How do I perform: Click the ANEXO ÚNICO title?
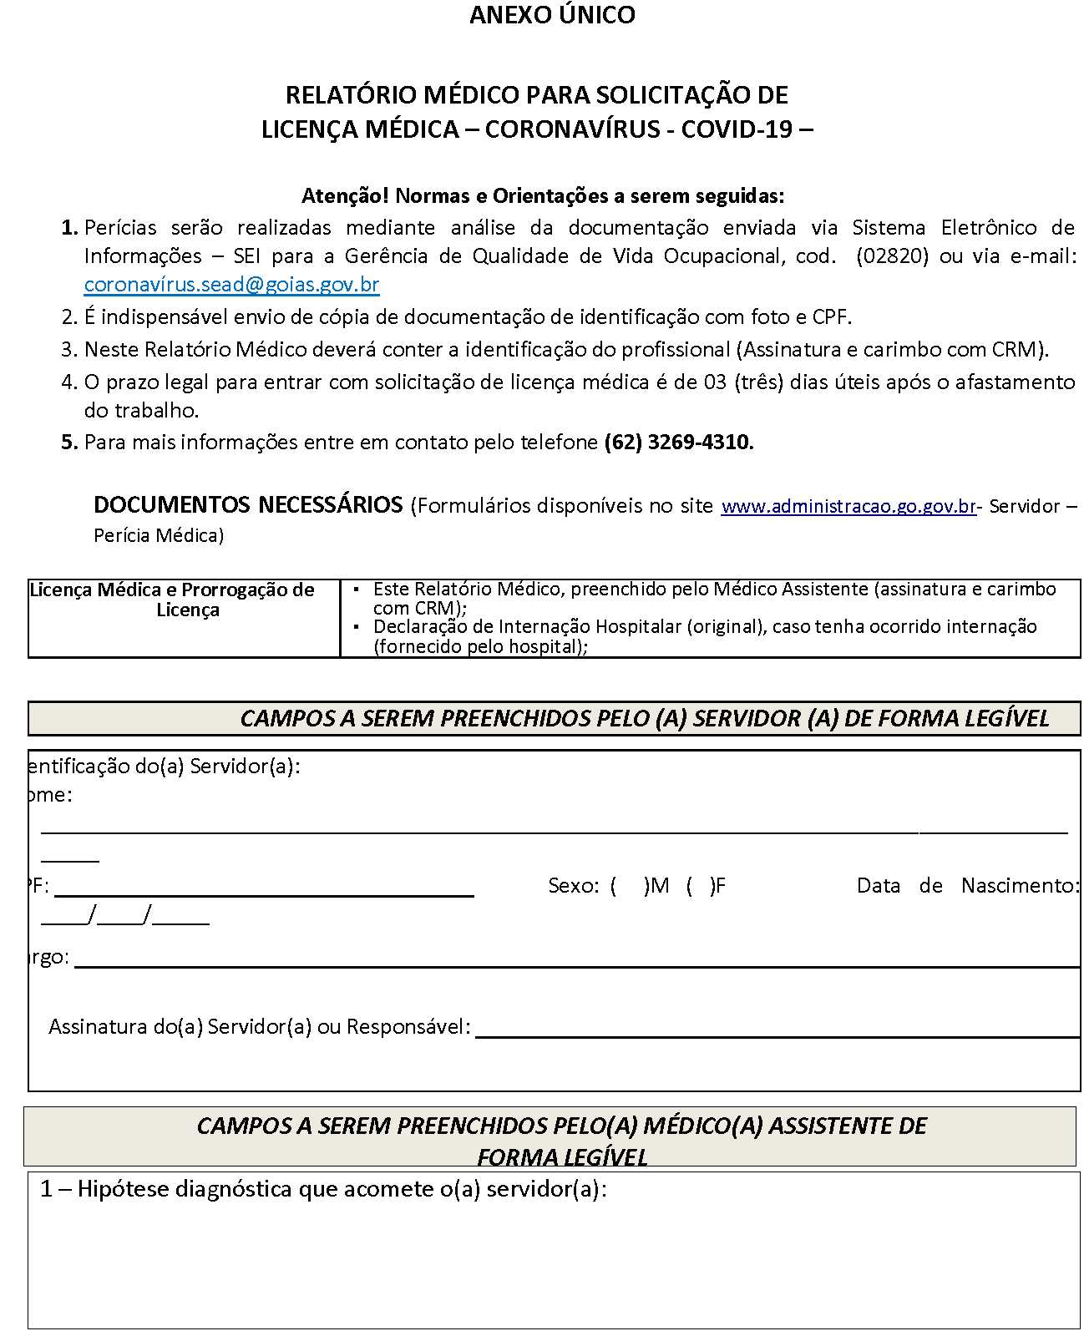pyautogui.click(x=552, y=15)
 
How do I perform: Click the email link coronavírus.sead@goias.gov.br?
pyautogui.click(x=231, y=285)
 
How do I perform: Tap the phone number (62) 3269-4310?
pyautogui.click(x=678, y=443)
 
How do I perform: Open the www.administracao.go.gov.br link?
pyautogui.click(x=848, y=507)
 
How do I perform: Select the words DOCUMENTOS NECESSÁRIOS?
pyautogui.click(x=248, y=505)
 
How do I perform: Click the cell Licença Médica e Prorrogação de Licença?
pyautogui.click(x=184, y=600)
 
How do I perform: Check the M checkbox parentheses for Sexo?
pyautogui.click(x=629, y=886)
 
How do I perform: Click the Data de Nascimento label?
pyautogui.click(x=968, y=886)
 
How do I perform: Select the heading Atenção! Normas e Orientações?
pyautogui.click(x=543, y=196)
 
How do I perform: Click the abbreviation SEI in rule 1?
pyautogui.click(x=247, y=256)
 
